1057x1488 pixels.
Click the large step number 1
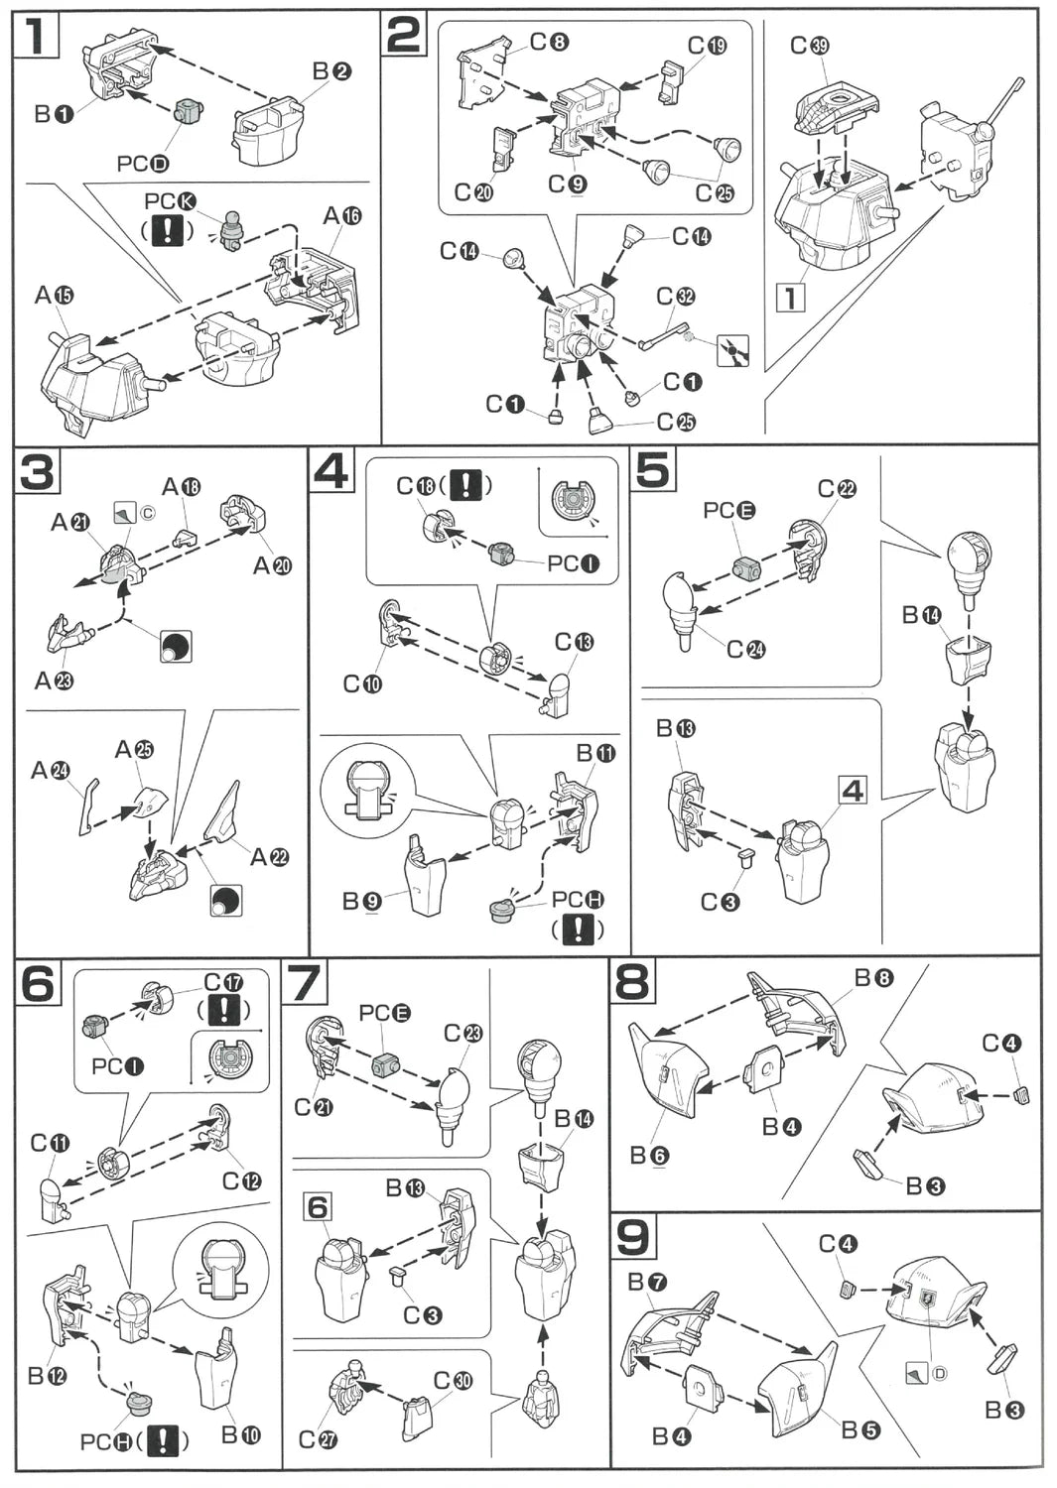pyautogui.click(x=36, y=37)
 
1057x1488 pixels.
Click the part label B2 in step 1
pyautogui.click(x=331, y=71)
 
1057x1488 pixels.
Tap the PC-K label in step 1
pyautogui.click(x=170, y=203)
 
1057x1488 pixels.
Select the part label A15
pyautogui.click(x=55, y=295)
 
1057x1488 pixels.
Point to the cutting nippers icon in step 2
pyautogui.click(x=732, y=350)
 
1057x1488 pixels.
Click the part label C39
pyautogui.click(x=810, y=46)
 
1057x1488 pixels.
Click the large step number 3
pyautogui.click(x=38, y=473)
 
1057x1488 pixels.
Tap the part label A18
pyautogui.click(x=181, y=487)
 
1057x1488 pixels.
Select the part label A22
pyautogui.click(x=269, y=856)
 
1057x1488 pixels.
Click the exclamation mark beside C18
pyautogui.click(x=465, y=486)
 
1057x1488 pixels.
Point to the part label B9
pyautogui.click(x=361, y=901)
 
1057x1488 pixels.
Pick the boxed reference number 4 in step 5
pyautogui.click(x=853, y=791)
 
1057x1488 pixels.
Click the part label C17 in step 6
pyautogui.click(x=223, y=982)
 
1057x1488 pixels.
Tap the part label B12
pyautogui.click(x=48, y=1376)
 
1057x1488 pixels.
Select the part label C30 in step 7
pyautogui.click(x=454, y=1381)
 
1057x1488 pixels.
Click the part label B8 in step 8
pyautogui.click(x=873, y=979)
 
